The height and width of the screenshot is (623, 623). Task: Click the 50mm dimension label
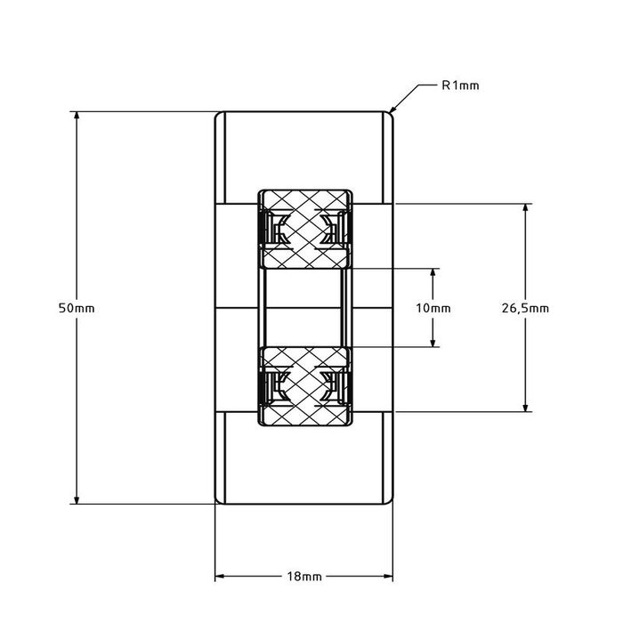(x=76, y=308)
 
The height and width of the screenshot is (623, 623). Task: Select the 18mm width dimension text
(x=304, y=577)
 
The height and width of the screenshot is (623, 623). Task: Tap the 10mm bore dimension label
(x=433, y=308)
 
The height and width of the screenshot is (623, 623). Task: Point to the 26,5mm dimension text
(x=525, y=308)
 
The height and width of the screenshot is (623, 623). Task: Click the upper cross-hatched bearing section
(x=305, y=229)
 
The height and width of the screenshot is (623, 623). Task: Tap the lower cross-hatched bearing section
(x=305, y=386)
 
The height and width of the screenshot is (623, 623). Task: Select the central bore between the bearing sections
(x=305, y=308)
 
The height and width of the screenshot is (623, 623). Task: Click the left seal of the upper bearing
(x=272, y=229)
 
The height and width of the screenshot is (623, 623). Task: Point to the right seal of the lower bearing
(x=338, y=387)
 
